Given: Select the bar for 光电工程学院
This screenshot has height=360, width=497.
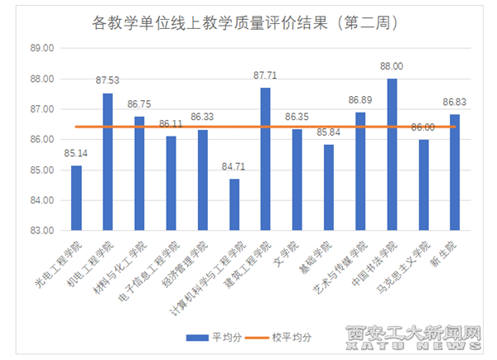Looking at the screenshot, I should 76,198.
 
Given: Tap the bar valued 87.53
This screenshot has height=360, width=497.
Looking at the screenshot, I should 108,161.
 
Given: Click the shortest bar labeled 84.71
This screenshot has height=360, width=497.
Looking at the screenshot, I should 234,204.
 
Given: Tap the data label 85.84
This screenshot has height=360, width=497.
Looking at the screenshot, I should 329,132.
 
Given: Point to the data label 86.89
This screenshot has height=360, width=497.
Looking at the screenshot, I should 360,100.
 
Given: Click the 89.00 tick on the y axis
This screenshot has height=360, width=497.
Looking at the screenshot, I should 42,49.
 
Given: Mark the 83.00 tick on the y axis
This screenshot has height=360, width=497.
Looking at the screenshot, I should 42,231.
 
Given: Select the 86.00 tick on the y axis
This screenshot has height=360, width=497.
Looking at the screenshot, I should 42,140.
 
